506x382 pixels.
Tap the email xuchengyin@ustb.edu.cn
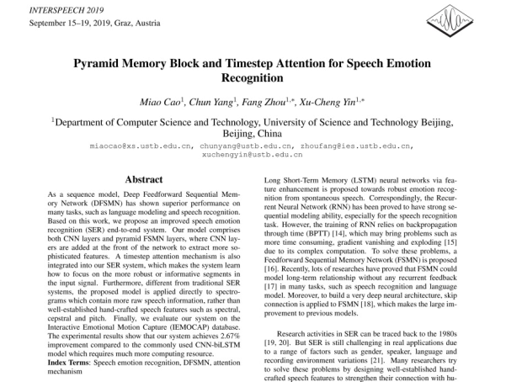click(x=253, y=155)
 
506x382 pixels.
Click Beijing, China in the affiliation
click(x=253, y=133)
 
